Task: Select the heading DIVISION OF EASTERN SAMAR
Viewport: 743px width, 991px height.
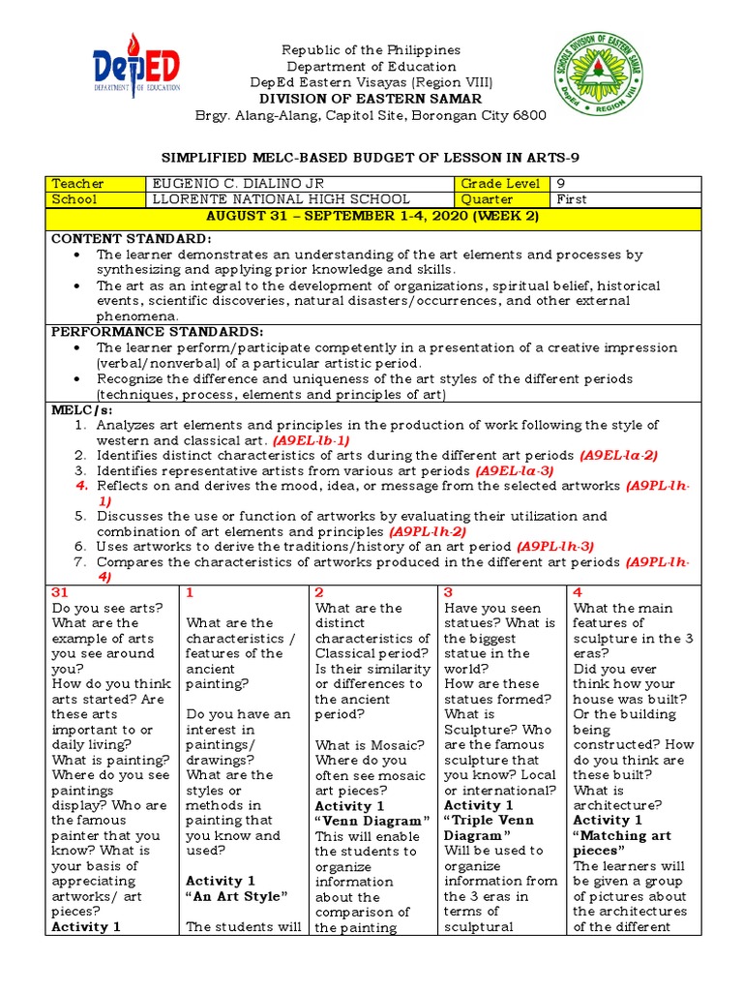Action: pyautogui.click(x=371, y=99)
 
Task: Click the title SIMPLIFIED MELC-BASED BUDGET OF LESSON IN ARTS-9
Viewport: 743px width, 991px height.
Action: pyautogui.click(x=371, y=157)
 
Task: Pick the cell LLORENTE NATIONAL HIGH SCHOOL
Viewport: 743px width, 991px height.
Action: pyautogui.click(x=253, y=199)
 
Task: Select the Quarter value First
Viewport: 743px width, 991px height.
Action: pyautogui.click(x=572, y=199)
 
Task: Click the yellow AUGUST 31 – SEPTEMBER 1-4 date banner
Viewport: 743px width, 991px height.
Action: pyautogui.click(x=371, y=216)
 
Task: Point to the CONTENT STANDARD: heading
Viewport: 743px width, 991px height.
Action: pyautogui.click(x=131, y=239)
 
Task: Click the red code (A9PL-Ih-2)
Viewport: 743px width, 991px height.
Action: pyautogui.click(x=428, y=531)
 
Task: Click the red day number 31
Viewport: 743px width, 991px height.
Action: pyautogui.click(x=60, y=591)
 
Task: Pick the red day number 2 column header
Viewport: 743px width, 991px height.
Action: pyautogui.click(x=319, y=591)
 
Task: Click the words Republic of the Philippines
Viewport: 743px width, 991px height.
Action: pyautogui.click(x=371, y=49)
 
